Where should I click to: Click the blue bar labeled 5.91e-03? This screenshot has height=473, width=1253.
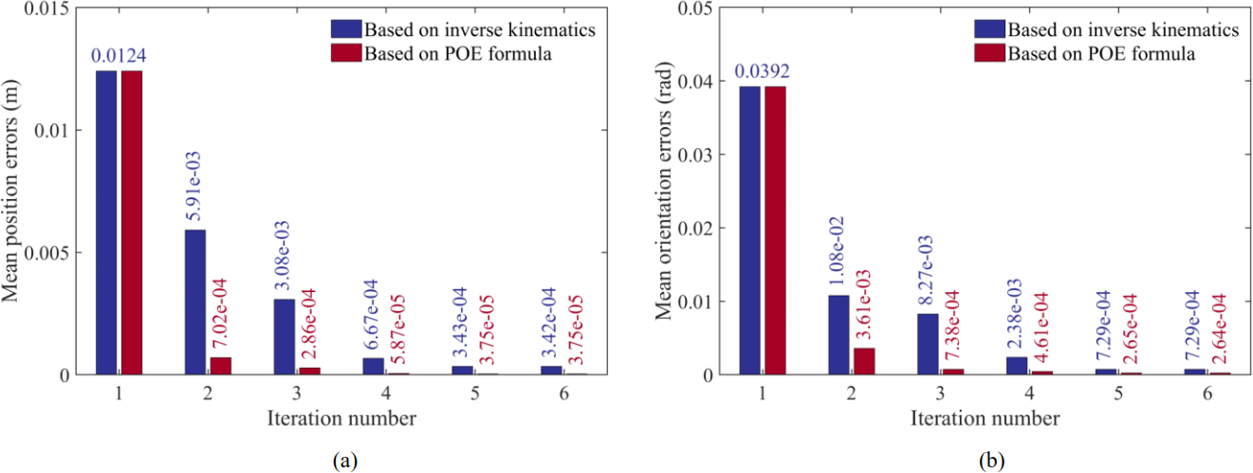(x=195, y=302)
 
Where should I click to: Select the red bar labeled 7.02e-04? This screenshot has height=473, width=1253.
(x=220, y=366)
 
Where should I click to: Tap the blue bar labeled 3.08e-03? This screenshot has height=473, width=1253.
(x=285, y=337)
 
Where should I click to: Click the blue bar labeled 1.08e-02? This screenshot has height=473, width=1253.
(x=838, y=335)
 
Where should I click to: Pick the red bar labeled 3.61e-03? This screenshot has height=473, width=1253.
(x=864, y=361)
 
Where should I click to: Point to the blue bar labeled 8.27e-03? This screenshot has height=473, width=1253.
(x=928, y=344)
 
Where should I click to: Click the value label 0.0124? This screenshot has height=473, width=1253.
(x=119, y=55)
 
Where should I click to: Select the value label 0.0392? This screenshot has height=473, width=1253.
(x=762, y=71)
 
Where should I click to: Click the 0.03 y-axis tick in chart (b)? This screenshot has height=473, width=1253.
(x=691, y=155)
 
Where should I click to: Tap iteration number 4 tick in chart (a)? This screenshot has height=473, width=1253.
(x=386, y=394)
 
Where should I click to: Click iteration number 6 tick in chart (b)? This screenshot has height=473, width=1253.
(x=1207, y=394)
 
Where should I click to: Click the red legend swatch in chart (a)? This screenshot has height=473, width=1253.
(x=346, y=53)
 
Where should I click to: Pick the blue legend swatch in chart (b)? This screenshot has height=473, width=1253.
(x=989, y=29)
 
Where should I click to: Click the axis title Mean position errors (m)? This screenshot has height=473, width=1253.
(x=10, y=191)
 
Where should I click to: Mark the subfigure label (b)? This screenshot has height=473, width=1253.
(x=992, y=462)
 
